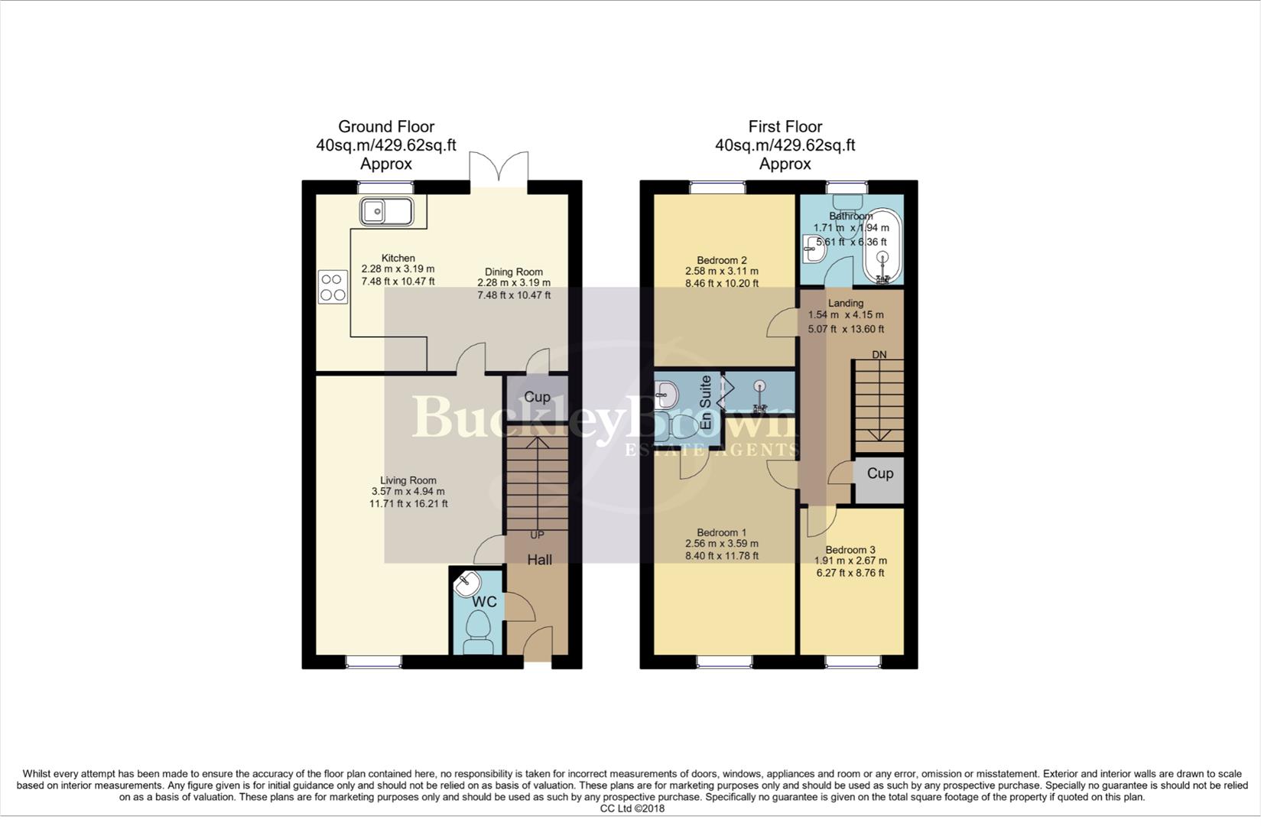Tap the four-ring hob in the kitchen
[x=332, y=287]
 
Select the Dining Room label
[x=514, y=272]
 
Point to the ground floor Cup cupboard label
[x=537, y=397]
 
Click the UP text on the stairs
[x=537, y=535]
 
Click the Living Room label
[x=408, y=480]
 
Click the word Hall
[x=539, y=560]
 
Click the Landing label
[x=845, y=303]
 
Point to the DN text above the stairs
[x=879, y=355]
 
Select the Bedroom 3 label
[x=850, y=550]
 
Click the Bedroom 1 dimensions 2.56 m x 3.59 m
[x=722, y=544]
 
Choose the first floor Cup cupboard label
[x=879, y=473]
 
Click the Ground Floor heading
[x=386, y=126]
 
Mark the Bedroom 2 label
[x=722, y=259]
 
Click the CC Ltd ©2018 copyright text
[x=632, y=808]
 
